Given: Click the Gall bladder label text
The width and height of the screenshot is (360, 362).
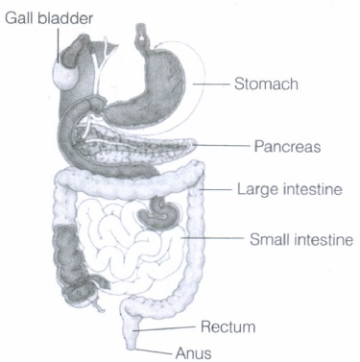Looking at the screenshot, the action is pyautogui.click(x=49, y=18).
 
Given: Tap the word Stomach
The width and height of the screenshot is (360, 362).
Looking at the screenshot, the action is pyautogui.click(x=266, y=84).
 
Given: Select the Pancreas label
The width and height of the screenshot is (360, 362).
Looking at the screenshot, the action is pyautogui.click(x=287, y=147).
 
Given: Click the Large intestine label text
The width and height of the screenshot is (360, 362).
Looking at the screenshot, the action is pyautogui.click(x=290, y=189).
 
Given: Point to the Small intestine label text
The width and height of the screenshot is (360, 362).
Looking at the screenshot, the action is pyautogui.click(x=301, y=239).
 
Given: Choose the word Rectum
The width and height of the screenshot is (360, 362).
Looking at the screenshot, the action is pyautogui.click(x=228, y=327).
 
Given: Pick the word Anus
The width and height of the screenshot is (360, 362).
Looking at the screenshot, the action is pyautogui.click(x=193, y=353).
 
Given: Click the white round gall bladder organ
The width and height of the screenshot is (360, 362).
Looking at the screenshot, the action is pyautogui.click(x=65, y=77).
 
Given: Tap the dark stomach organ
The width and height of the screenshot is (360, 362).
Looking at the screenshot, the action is pyautogui.click(x=151, y=93).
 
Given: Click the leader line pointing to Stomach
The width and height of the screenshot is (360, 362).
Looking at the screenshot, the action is pyautogui.click(x=211, y=84).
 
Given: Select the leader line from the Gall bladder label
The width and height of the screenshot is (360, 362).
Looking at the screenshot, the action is pyautogui.click(x=59, y=45).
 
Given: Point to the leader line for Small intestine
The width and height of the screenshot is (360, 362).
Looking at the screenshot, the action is pyautogui.click(x=212, y=238).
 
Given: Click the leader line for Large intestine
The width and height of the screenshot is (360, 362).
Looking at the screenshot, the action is pyautogui.click(x=215, y=190).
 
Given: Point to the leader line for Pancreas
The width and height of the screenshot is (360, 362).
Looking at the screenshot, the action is pyautogui.click(x=221, y=146).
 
